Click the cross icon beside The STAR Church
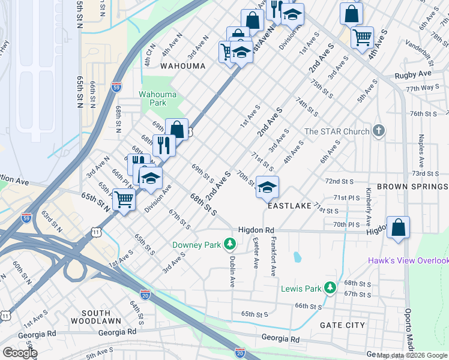coord(378,131)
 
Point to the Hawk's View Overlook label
coord(408,260)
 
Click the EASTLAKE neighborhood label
coord(289,206)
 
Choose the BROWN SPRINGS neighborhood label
coord(412,187)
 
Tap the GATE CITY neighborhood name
coord(343,325)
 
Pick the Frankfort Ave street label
coord(273,256)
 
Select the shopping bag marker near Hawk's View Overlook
coord(398,227)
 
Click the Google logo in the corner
coord(19,353)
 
